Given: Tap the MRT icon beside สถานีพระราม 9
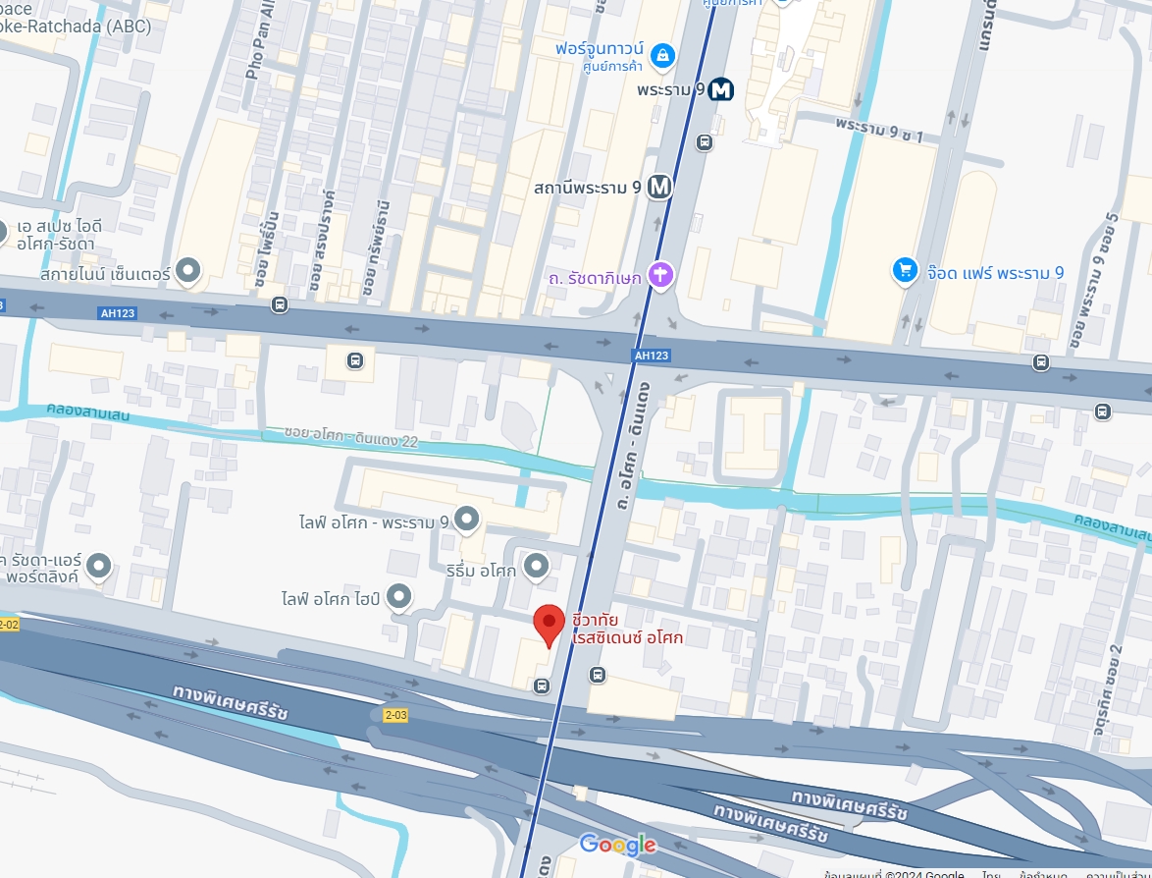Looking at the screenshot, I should pos(659,187).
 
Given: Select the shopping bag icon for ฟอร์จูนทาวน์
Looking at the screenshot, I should pos(663,55).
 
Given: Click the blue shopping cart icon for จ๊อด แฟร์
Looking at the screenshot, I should pos(904,272).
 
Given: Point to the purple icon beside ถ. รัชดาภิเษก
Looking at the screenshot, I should pos(660,276).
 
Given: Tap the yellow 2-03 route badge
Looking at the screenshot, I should pos(395,715).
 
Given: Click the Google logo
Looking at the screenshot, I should pos(617,845).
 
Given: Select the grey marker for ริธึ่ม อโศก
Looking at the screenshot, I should pos(535,565).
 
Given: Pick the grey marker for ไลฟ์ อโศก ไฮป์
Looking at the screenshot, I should pos(398,595).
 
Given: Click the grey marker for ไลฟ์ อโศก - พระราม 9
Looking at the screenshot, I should pos(467,518).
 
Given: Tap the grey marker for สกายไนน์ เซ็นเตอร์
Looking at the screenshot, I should pos(187,271).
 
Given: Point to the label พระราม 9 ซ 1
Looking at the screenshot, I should pos(879,129).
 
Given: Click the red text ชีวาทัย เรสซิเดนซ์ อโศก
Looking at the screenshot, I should pos(628,629).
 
